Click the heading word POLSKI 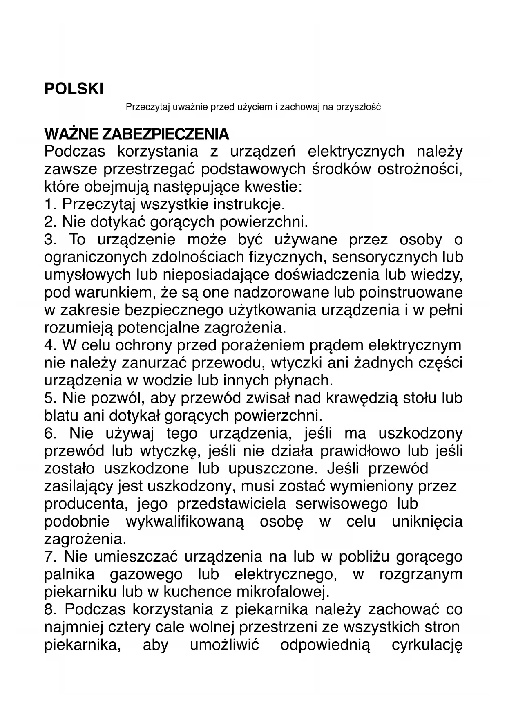[x=74, y=89]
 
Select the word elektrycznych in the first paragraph [x=356, y=151]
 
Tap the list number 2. [x=49, y=222]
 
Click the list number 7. [x=49, y=557]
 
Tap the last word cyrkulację [x=427, y=645]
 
